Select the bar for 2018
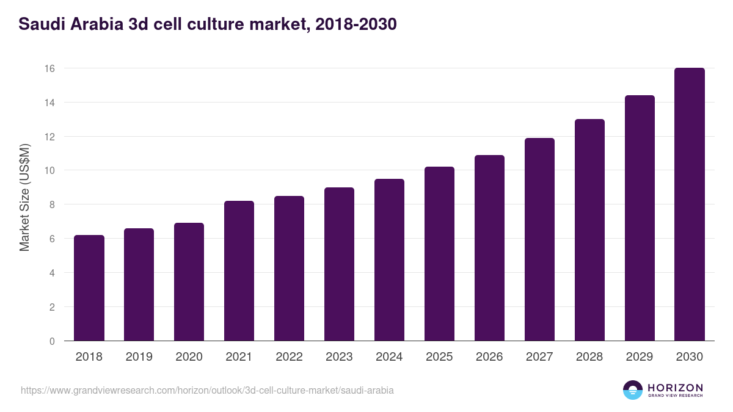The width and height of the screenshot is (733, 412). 89,288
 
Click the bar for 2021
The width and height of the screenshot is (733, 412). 239,271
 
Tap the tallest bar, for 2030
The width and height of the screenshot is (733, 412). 690,204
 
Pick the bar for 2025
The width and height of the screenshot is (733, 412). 439,254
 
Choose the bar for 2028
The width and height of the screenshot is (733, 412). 589,230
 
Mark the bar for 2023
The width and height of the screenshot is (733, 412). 339,264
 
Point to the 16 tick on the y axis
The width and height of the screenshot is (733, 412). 49,68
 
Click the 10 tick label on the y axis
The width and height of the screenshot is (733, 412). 49,171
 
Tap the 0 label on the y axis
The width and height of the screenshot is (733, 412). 52,341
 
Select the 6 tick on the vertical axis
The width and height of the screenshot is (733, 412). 52,239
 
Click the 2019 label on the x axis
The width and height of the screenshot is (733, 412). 139,357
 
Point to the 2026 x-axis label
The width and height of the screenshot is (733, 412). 489,357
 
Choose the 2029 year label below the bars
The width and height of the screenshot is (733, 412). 640,357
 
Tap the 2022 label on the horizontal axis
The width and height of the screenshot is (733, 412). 289,357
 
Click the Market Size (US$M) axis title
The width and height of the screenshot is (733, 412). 24,197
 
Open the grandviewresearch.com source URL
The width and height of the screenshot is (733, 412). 207,390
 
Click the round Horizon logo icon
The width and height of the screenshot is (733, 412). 633,390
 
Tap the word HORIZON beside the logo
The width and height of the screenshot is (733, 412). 675,388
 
